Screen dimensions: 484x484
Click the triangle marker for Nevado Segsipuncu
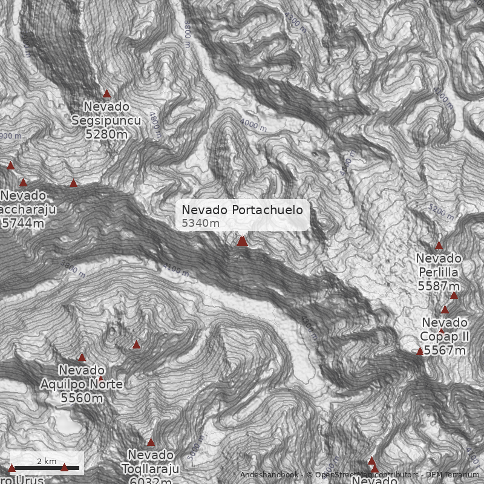107,94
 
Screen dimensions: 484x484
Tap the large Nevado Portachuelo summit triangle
243,241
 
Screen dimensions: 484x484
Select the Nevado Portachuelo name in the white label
242,210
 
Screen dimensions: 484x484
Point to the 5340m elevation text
201,223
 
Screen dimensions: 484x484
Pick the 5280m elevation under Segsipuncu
106,134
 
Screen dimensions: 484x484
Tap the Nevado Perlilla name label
439,266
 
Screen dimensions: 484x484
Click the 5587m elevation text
439,286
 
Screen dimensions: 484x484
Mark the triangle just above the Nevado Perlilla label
439,246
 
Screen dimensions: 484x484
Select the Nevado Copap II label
445,329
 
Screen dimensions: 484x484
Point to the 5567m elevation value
445,350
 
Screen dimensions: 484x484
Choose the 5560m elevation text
82,398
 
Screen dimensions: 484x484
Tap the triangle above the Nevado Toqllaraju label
151,442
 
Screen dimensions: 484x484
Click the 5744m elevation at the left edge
23,223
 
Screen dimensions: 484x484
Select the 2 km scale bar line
47,468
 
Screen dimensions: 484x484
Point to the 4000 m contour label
253,125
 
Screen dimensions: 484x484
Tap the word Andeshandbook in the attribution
269,475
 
